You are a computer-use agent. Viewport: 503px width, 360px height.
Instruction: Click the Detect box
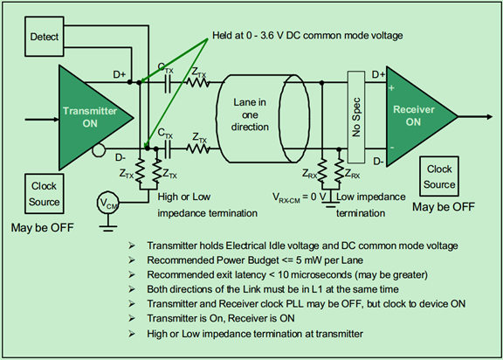[45, 37]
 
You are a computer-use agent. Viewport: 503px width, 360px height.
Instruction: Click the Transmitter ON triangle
[90, 117]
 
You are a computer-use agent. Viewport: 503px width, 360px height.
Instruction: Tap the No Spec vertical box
[356, 117]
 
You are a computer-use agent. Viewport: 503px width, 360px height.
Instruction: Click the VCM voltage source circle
[107, 203]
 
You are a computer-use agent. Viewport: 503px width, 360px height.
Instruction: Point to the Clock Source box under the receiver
[439, 177]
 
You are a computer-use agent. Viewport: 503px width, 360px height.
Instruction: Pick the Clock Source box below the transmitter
[45, 194]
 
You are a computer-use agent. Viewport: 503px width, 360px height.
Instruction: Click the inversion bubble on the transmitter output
[99, 149]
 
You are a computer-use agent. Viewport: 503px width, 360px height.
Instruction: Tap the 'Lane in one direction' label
[250, 114]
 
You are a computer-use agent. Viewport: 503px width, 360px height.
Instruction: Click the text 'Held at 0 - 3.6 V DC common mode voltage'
[307, 35]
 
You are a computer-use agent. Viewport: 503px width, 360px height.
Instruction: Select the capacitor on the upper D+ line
[168, 83]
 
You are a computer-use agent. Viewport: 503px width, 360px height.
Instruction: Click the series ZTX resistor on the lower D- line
[198, 149]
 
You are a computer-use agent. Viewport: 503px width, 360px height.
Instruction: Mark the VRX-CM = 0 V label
[299, 197]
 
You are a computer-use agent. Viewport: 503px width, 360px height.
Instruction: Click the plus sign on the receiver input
[391, 87]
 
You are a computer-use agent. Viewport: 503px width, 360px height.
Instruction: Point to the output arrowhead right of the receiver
[489, 117]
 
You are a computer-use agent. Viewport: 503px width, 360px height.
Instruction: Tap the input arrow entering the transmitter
[42, 120]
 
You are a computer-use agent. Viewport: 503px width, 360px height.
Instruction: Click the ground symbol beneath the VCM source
[107, 227]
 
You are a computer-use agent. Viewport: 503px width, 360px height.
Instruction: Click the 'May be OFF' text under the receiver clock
[444, 207]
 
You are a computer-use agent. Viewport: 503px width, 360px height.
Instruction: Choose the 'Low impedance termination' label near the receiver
[370, 204]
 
